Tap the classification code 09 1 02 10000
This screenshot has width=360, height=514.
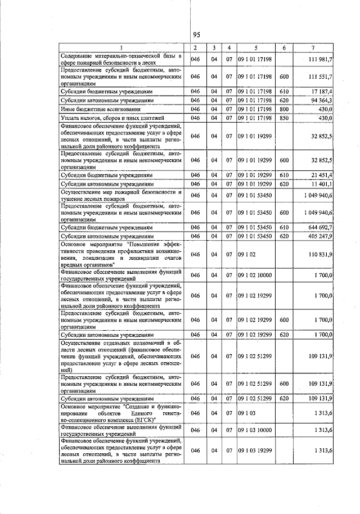coord(255,274)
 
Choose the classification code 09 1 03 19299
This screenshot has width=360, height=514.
coord(255,450)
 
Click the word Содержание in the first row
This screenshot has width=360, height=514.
coord(79,56)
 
